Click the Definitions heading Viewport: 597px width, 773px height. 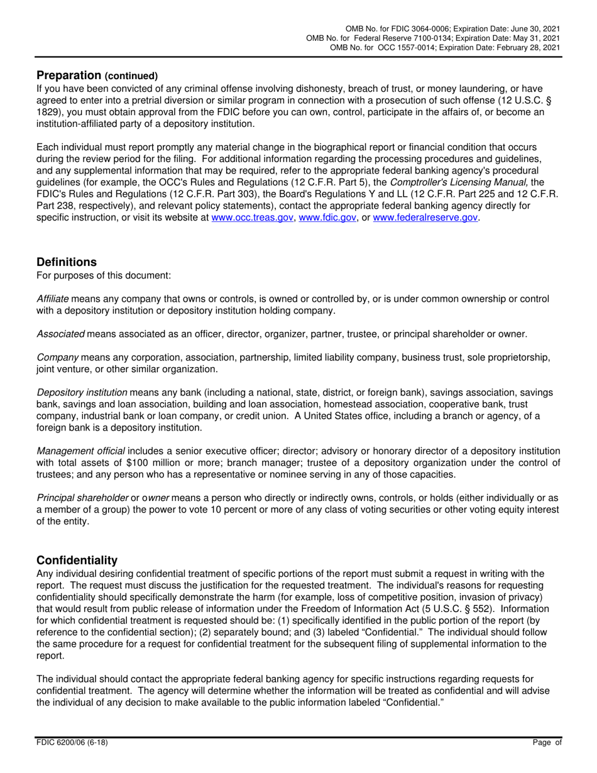coord(67,262)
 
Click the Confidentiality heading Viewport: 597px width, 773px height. coord(77,560)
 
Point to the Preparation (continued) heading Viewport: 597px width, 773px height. coord(97,75)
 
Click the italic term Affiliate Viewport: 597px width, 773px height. coord(53,299)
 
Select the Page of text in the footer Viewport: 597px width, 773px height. coord(545,742)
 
